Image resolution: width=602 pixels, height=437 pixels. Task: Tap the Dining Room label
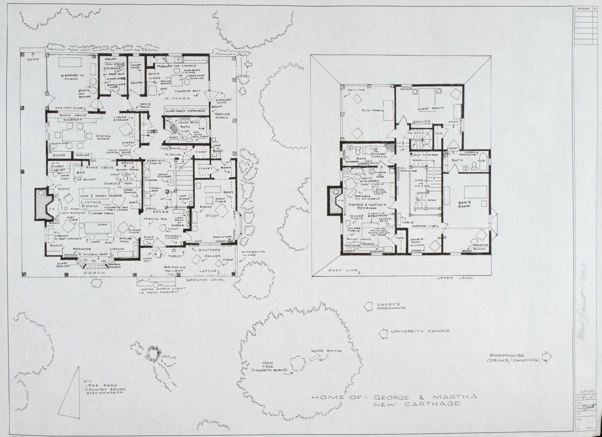coord(103,138)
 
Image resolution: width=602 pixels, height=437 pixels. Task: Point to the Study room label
coord(212,215)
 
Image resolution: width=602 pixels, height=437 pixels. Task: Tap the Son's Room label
coord(464,204)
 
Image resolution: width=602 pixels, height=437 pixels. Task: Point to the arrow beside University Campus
coord(383,333)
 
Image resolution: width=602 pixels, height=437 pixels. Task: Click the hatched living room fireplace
coord(40,205)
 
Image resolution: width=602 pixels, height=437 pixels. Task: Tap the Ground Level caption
coord(206,280)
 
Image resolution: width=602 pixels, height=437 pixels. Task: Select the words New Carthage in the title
coord(416,404)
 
